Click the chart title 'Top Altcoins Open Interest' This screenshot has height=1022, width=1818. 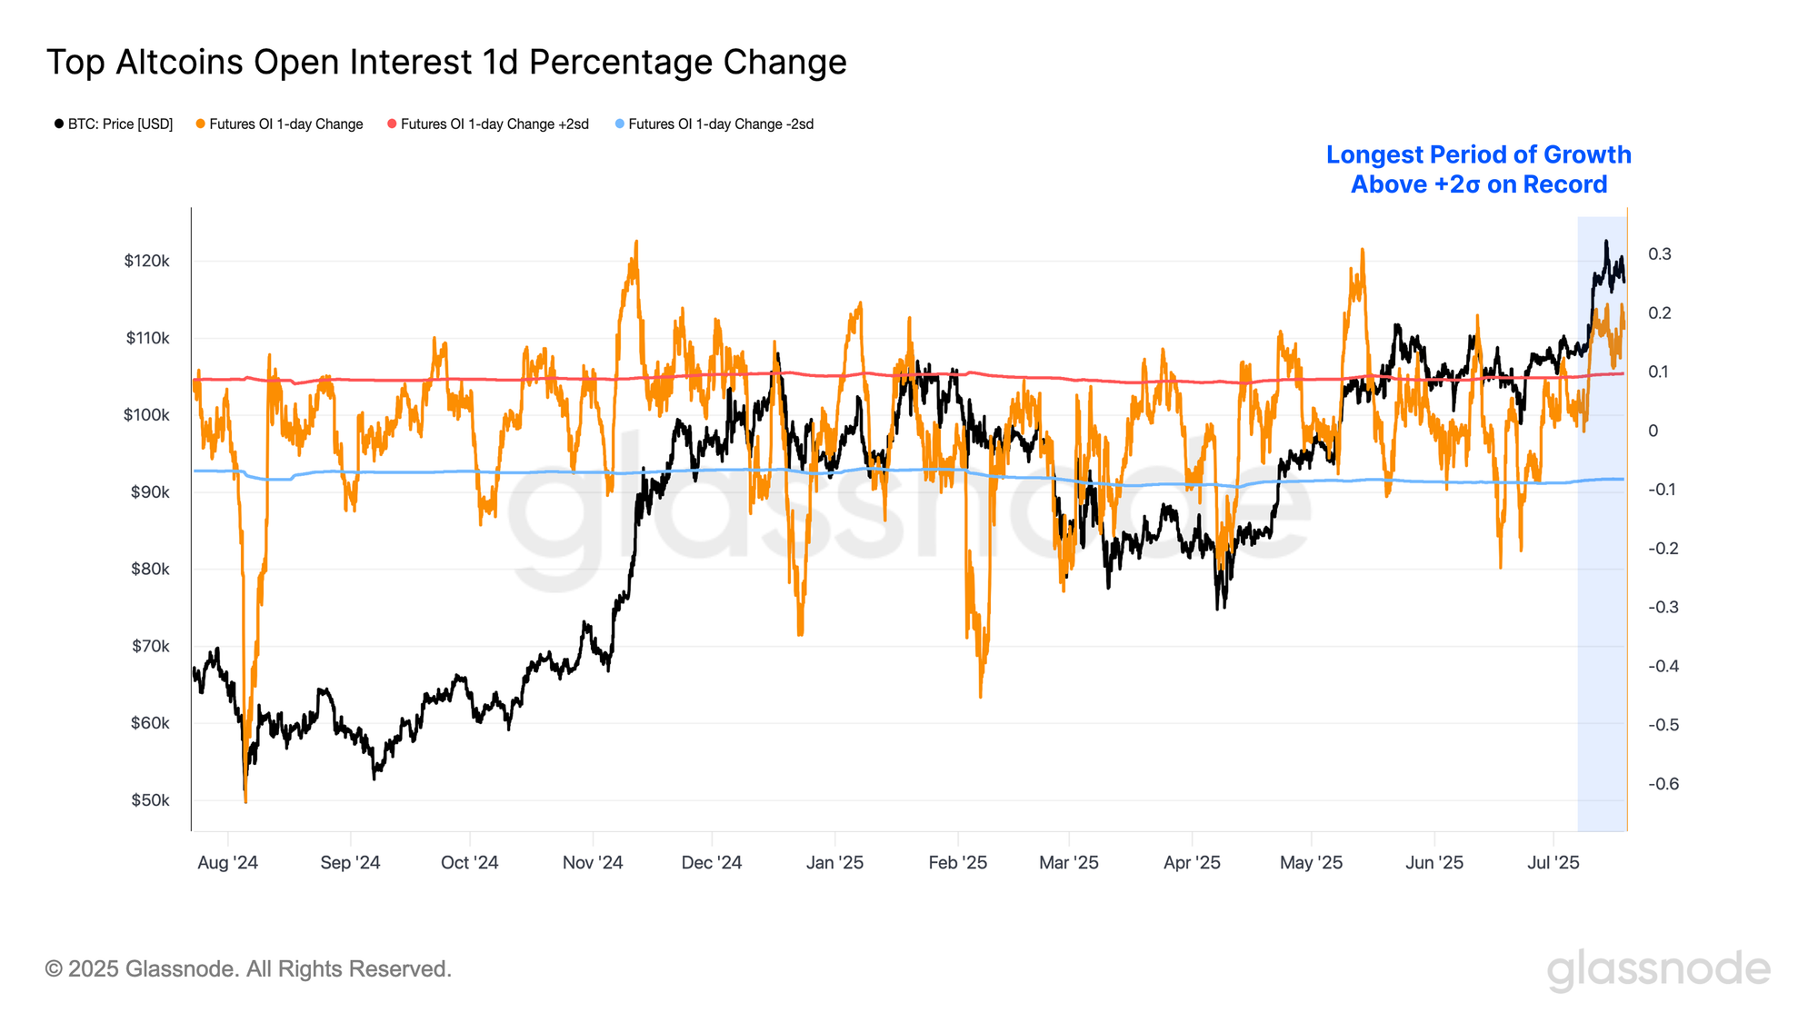[x=446, y=63]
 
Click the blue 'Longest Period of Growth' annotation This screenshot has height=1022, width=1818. [x=1478, y=170]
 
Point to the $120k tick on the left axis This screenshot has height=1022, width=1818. [x=146, y=262]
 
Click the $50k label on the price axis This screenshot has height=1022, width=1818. [x=150, y=800]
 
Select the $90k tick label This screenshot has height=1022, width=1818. [x=150, y=492]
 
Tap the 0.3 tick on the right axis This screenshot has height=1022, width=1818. [x=1659, y=254]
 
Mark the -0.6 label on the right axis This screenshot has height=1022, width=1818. [x=1663, y=784]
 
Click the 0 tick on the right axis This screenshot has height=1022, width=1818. [x=1653, y=431]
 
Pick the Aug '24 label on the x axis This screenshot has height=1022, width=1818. [x=227, y=863]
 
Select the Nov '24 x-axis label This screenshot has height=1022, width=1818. [x=593, y=863]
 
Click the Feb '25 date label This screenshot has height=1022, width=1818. [x=957, y=863]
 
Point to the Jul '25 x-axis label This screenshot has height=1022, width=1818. [x=1553, y=863]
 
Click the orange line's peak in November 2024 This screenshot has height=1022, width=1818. [x=636, y=242]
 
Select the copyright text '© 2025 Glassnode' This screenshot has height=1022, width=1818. [x=248, y=969]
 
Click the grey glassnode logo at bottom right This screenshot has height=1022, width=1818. [x=1658, y=969]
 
